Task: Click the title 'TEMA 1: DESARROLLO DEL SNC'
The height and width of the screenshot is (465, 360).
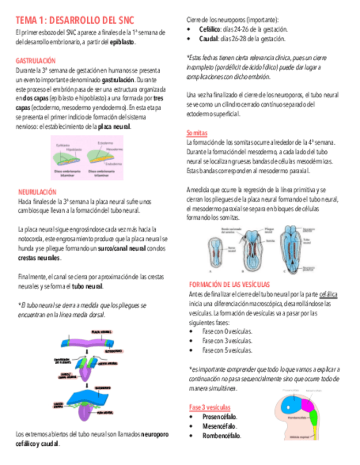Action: tap(75, 20)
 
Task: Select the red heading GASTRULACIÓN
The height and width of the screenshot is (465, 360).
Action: tap(36, 61)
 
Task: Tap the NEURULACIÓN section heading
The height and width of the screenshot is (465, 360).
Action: tap(37, 192)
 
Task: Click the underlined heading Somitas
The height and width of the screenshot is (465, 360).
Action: tap(197, 133)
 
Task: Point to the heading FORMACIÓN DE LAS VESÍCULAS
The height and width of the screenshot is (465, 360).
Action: tap(229, 285)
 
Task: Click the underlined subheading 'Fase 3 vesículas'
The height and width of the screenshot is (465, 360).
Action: tap(210, 407)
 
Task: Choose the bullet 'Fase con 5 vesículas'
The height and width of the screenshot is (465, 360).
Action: tap(227, 350)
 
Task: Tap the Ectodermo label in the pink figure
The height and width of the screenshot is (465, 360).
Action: tap(106, 143)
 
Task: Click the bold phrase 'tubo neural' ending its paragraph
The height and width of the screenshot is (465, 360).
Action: tap(87, 286)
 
